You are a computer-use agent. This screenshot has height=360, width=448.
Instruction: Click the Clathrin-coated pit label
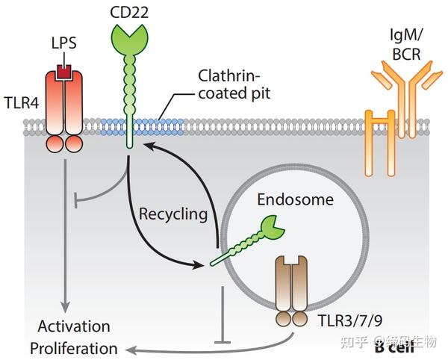click(231, 84)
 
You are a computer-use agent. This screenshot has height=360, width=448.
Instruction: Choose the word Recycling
click(173, 214)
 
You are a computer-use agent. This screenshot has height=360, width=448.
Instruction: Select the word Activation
click(74, 326)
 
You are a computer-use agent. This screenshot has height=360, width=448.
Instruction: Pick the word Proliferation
click(73, 348)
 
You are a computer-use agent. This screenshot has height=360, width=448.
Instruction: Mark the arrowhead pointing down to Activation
click(65, 307)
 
